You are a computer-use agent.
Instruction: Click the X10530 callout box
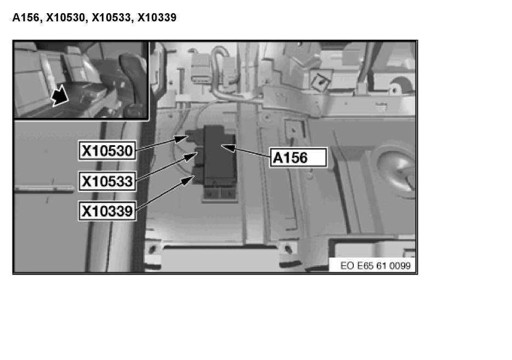(x=107, y=151)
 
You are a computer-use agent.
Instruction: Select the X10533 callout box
(x=107, y=181)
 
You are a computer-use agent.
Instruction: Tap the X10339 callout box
(x=107, y=211)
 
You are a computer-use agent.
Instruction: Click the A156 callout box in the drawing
(x=298, y=157)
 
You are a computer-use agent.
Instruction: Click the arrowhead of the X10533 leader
(x=190, y=157)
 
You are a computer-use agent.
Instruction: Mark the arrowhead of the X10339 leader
(x=188, y=180)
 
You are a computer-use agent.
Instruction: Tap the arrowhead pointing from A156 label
(x=228, y=147)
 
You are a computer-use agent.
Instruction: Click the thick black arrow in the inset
(x=59, y=96)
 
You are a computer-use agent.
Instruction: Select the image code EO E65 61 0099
(x=375, y=266)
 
